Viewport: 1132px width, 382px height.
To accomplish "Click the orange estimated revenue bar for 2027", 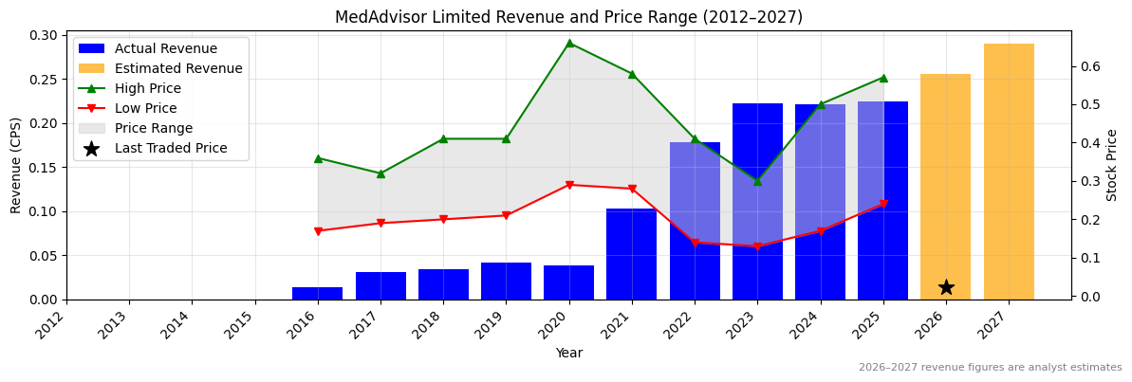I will pyautogui.click(x=1009, y=171).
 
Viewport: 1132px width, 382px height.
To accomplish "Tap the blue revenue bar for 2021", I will pyautogui.click(x=631, y=254).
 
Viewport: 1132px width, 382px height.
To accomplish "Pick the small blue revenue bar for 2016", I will pyautogui.click(x=317, y=293).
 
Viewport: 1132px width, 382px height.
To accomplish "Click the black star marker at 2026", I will pyautogui.click(x=946, y=287).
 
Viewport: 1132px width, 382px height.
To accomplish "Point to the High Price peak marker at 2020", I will pyautogui.click(x=569, y=43).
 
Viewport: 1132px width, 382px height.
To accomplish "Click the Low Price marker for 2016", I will pyautogui.click(x=318, y=231).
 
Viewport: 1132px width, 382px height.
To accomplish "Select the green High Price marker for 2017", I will pyautogui.click(x=380, y=173).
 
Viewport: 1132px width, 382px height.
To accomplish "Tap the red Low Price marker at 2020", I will pyautogui.click(x=569, y=185).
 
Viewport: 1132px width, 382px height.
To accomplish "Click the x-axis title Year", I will pyautogui.click(x=568, y=354).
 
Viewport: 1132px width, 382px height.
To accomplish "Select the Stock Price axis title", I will pyautogui.click(x=1112, y=165).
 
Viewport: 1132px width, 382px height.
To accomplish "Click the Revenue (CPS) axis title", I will pyautogui.click(x=16, y=165).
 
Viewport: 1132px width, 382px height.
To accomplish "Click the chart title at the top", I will pyautogui.click(x=568, y=17).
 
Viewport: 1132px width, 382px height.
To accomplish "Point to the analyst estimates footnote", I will pyautogui.click(x=990, y=368).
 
